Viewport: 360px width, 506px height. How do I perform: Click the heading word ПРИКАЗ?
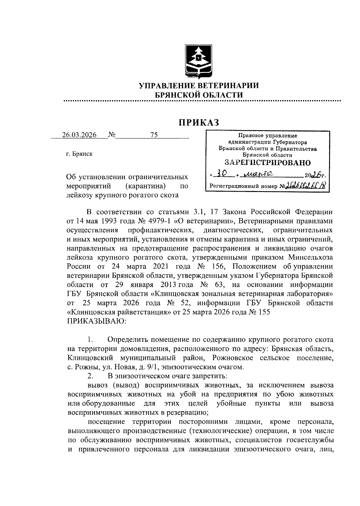tap(199, 123)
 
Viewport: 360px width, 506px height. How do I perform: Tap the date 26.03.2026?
tap(79, 135)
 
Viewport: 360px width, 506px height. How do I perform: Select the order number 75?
tap(154, 135)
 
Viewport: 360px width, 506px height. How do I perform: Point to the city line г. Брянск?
tap(79, 154)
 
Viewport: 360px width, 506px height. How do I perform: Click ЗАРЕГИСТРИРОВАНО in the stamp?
tap(268, 163)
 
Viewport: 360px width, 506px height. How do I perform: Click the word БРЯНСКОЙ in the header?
tap(176, 95)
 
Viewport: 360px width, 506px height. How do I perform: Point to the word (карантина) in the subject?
tap(146, 186)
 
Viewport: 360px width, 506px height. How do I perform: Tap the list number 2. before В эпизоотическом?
tap(90, 376)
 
